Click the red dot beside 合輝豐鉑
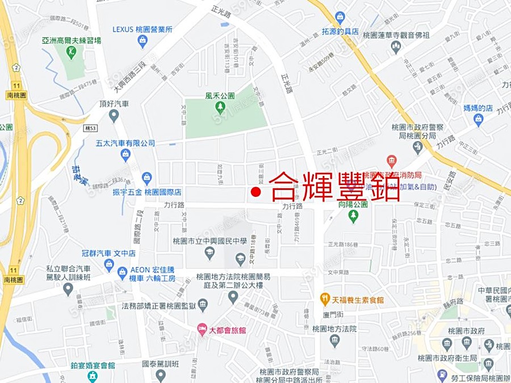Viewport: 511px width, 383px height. [256, 193]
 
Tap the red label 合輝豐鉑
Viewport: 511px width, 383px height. [334, 187]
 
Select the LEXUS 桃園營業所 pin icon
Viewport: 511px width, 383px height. [143, 41]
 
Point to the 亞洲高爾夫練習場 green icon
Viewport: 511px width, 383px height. [71, 53]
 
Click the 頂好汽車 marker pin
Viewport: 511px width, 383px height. [114, 116]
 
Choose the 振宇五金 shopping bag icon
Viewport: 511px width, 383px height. [147, 179]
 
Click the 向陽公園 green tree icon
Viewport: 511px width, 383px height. [353, 216]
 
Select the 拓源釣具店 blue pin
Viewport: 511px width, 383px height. [340, 18]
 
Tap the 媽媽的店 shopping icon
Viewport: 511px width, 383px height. [478, 120]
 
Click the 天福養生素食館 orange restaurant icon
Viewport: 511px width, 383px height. [325, 299]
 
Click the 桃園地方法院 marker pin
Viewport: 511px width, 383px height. [334, 340]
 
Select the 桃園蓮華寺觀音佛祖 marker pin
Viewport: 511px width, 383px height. [396, 47]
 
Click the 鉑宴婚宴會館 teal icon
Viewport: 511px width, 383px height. [93, 376]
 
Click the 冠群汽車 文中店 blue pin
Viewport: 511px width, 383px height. [109, 264]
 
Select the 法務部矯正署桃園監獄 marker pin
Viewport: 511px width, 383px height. [203, 306]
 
